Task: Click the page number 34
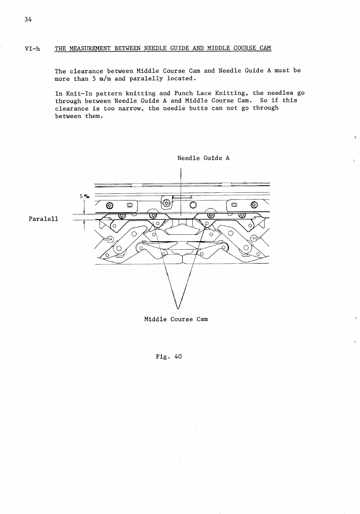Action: point(28,19)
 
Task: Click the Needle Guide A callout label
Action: point(203,158)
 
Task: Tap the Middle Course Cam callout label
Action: point(176,319)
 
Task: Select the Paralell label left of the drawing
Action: point(43,219)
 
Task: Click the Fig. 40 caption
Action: point(168,357)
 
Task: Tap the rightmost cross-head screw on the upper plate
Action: point(255,205)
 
